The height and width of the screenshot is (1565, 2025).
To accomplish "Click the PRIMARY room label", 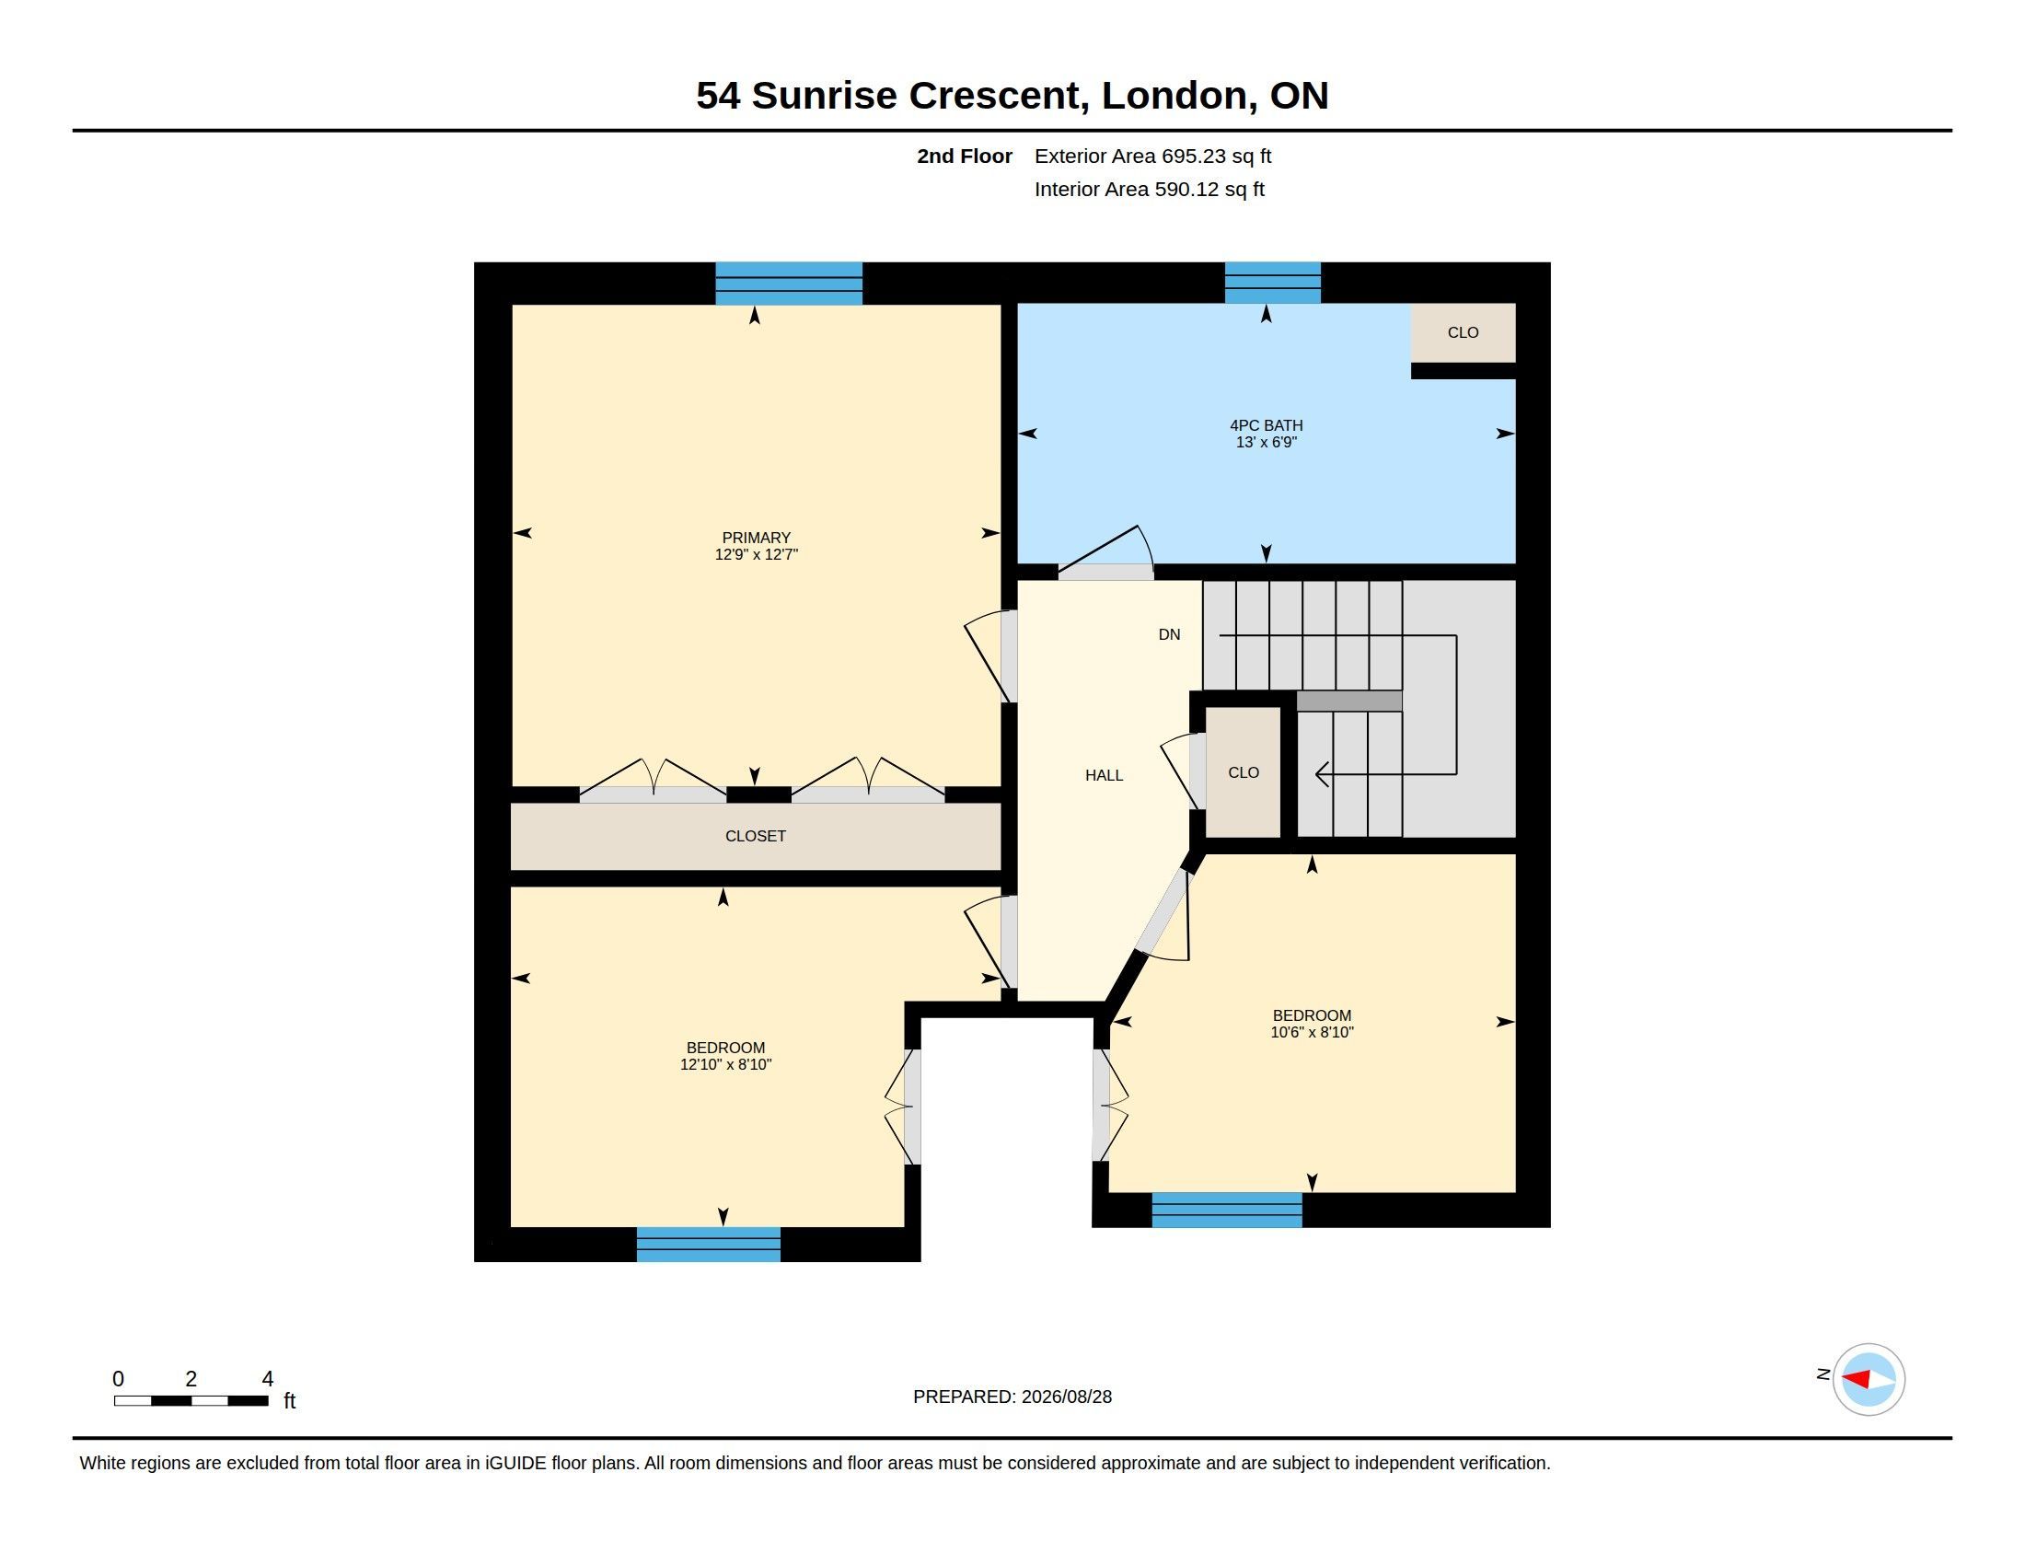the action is pyautogui.click(x=756, y=538).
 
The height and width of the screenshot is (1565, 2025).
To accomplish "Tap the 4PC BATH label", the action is pyautogui.click(x=1266, y=425).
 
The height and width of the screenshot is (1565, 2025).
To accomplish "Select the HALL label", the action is pyautogui.click(x=1104, y=775).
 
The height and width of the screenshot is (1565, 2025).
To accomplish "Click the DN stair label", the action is pyautogui.click(x=1169, y=634).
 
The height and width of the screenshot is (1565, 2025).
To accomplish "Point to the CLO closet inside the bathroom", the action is pyautogui.click(x=1464, y=332).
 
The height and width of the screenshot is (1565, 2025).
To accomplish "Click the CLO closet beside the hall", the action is pyautogui.click(x=1244, y=772).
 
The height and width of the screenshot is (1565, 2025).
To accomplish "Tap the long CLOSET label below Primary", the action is pyautogui.click(x=756, y=836).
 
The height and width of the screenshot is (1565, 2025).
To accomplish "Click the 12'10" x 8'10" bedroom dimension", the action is pyautogui.click(x=726, y=1064).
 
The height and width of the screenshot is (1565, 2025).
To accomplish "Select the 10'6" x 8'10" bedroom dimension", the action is pyautogui.click(x=1312, y=1032).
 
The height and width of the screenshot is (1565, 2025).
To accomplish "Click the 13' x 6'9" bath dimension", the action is pyautogui.click(x=1266, y=442).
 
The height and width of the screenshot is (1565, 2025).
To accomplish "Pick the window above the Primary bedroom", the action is pyautogui.click(x=789, y=284).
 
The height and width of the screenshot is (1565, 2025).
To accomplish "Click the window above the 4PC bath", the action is pyautogui.click(x=1272, y=283).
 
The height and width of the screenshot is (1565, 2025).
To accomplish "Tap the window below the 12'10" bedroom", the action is pyautogui.click(x=709, y=1245).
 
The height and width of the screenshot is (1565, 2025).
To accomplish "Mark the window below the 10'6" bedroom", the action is pyautogui.click(x=1227, y=1210).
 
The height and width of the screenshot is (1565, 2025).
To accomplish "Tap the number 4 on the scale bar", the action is pyautogui.click(x=268, y=1379).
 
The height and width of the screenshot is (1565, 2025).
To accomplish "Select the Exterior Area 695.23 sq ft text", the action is pyautogui.click(x=1152, y=156).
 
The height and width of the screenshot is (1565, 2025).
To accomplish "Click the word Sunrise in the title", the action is pyautogui.click(x=825, y=96).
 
